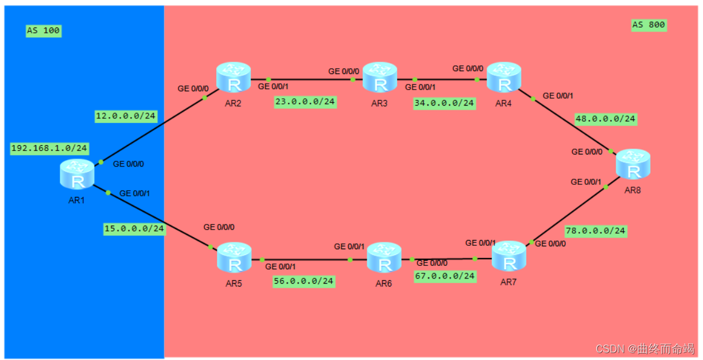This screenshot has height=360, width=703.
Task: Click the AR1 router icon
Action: tap(77, 175)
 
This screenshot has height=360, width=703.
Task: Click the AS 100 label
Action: tap(43, 30)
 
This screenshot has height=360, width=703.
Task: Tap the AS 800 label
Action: tap(648, 25)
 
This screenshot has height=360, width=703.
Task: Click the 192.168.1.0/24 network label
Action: tap(49, 148)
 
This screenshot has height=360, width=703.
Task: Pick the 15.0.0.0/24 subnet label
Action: tap(134, 229)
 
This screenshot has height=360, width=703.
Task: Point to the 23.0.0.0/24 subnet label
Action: tap(305, 102)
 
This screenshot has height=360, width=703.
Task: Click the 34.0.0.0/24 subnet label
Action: tap(444, 103)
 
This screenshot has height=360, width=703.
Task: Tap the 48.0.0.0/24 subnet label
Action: tap(605, 119)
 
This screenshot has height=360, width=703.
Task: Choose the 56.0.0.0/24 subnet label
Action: tap(304, 281)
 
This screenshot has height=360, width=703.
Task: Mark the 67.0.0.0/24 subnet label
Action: tap(445, 276)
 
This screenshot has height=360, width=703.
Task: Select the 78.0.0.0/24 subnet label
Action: tap(596, 231)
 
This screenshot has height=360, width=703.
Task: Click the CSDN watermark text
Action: tap(644, 349)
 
